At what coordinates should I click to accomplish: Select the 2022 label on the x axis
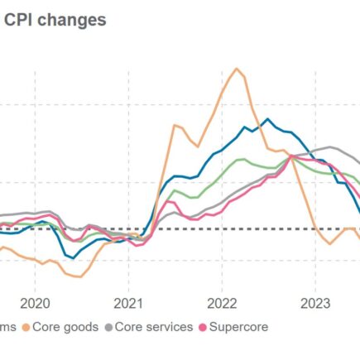tap(223, 303)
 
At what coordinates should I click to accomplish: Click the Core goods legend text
tap(65, 327)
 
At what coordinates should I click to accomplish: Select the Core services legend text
tap(154, 327)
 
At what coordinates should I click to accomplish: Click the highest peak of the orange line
tap(238, 69)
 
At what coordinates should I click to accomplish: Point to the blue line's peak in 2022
tap(266, 119)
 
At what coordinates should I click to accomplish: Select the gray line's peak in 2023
tap(331, 148)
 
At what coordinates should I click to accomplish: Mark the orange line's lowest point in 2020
tap(77, 277)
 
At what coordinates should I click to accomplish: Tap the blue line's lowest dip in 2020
tap(72, 258)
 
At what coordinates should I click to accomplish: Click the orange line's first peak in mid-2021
tap(175, 125)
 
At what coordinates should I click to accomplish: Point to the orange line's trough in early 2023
tap(329, 243)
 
